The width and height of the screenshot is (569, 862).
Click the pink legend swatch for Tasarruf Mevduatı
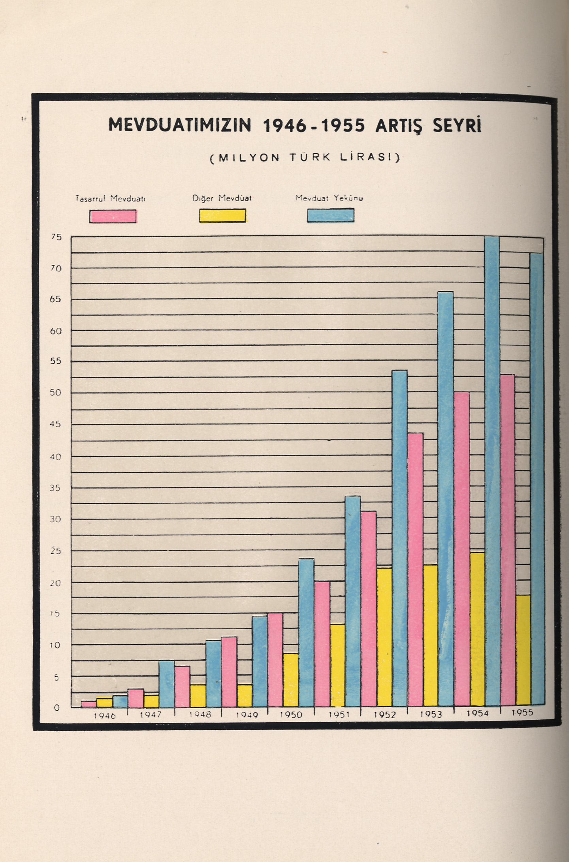click(x=113, y=216)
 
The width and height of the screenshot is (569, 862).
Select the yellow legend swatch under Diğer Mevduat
click(x=222, y=216)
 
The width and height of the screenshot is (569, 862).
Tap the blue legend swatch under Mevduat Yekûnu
click(x=330, y=215)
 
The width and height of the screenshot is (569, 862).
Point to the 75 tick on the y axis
click(x=56, y=237)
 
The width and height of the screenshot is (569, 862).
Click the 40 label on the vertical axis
click(x=56, y=457)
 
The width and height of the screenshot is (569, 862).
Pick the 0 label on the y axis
click(x=57, y=708)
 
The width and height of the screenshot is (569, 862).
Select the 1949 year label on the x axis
click(x=247, y=715)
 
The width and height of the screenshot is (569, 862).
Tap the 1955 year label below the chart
click(x=522, y=712)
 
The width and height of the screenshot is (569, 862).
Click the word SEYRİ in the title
click(x=457, y=125)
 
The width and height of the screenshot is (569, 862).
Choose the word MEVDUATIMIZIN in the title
click(x=180, y=125)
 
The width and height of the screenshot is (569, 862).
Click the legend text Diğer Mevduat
click(x=222, y=199)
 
